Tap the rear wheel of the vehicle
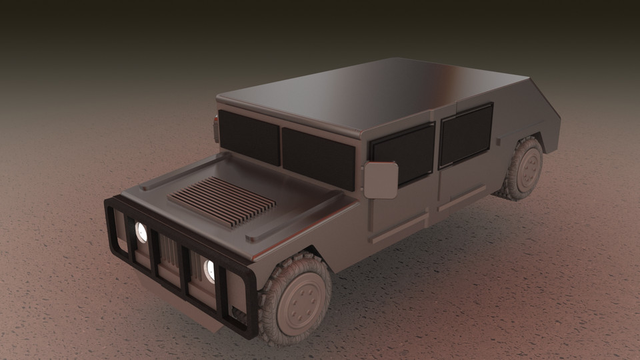pyautogui.click(x=523, y=169)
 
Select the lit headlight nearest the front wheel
pyautogui.click(x=209, y=269)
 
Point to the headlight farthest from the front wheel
pyautogui.click(x=141, y=231)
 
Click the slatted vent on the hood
pyautogui.click(x=222, y=199)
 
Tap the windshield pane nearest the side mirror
pyautogui.click(x=319, y=159)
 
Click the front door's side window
pyautogui.click(x=403, y=153)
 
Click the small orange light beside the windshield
pyautogui.click(x=215, y=122)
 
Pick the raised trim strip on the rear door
pyautogui.click(x=459, y=198)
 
